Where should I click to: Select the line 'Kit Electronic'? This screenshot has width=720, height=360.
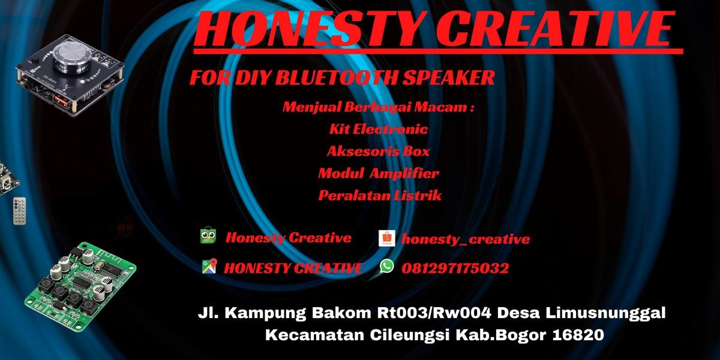pyautogui.click(x=378, y=129)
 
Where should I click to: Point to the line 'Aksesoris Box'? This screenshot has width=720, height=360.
pyautogui.click(x=378, y=151)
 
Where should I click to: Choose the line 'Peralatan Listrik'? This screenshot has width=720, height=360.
pyautogui.click(x=380, y=196)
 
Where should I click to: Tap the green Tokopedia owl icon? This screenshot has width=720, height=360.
pyautogui.click(x=208, y=236)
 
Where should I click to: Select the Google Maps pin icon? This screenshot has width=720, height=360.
pyautogui.click(x=209, y=267)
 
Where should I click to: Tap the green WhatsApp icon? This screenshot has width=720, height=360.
pyautogui.click(x=387, y=266)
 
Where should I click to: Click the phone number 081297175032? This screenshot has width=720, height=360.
pyautogui.click(x=458, y=268)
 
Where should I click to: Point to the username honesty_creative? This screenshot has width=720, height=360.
pyautogui.click(x=466, y=239)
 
